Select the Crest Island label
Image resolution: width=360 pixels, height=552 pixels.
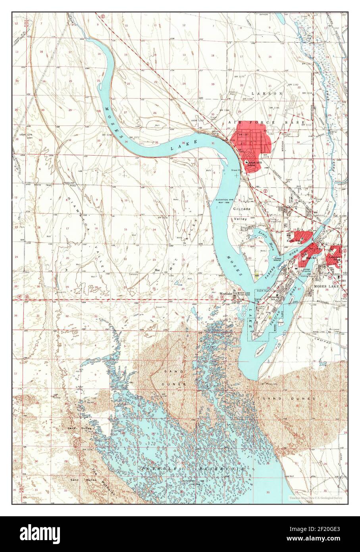279,259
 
